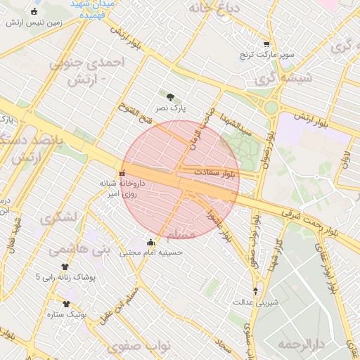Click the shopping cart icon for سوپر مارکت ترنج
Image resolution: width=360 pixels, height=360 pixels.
266,43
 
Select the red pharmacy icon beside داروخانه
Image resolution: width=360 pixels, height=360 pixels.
123,172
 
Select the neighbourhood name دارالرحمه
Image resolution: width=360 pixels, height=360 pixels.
300,344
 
